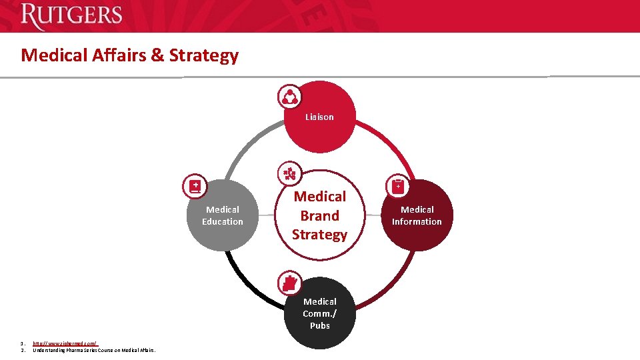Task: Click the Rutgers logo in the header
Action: point(71,16)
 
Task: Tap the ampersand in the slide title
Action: point(157,55)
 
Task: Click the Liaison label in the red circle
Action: point(319,117)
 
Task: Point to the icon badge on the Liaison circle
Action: point(290,97)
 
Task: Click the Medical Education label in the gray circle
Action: point(223,215)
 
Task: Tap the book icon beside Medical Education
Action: point(195,187)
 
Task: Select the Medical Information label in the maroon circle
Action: point(417,215)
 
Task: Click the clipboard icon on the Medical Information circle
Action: point(398,187)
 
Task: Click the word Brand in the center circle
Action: point(319,216)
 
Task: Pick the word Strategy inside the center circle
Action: point(319,235)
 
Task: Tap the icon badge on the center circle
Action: point(289,174)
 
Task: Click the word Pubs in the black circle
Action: point(319,325)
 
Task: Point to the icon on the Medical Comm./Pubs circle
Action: point(289,283)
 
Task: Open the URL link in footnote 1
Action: point(65,343)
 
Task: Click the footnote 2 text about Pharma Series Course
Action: point(94,350)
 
